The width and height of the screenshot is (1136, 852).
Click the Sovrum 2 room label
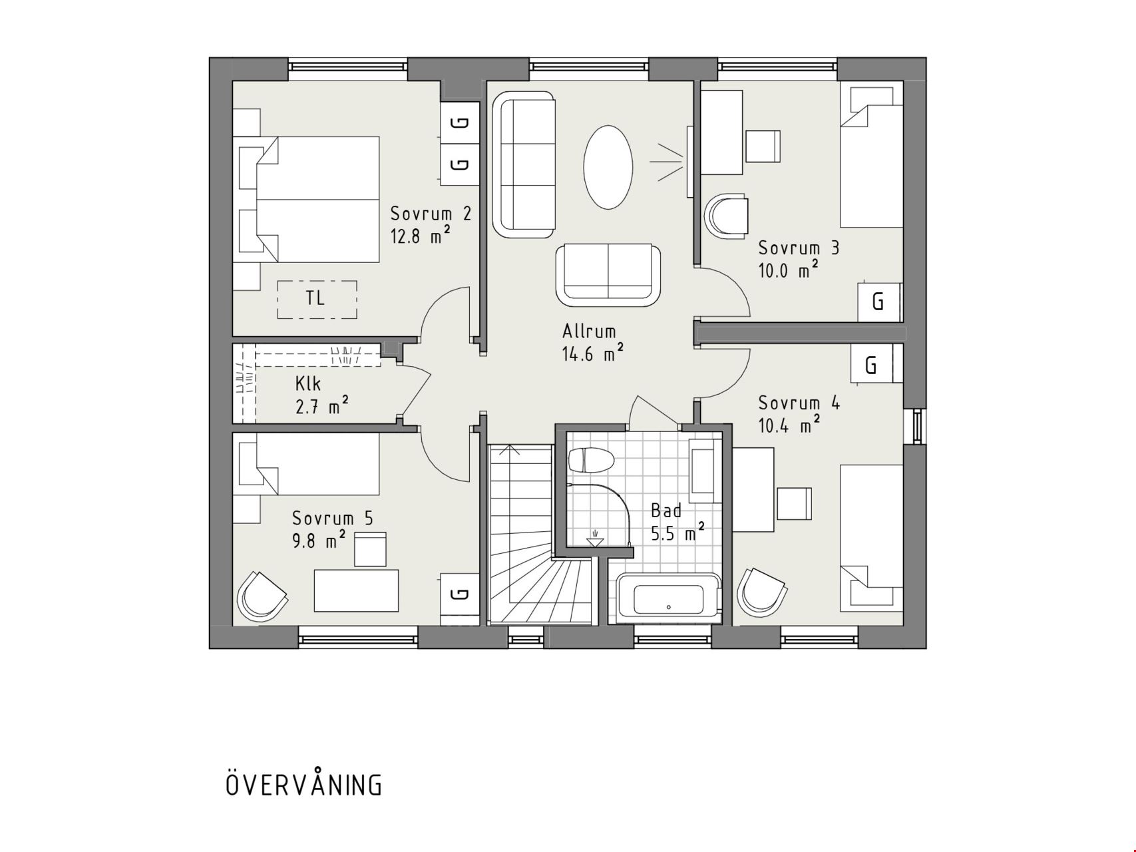[431, 214]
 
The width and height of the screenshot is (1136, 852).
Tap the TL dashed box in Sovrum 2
[317, 299]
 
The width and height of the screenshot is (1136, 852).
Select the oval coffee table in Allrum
[608, 167]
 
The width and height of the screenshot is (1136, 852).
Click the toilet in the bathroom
[590, 460]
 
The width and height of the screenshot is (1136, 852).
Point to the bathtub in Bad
[668, 598]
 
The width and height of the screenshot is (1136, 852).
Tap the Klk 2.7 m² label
[321, 395]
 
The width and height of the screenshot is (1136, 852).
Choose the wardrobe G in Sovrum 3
[878, 302]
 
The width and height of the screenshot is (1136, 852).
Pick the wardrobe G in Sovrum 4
[872, 363]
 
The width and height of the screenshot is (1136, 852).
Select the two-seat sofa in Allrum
[608, 274]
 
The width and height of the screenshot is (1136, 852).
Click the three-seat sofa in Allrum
[524, 164]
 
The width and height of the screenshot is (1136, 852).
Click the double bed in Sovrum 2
[306, 199]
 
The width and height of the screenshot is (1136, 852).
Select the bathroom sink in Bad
[702, 471]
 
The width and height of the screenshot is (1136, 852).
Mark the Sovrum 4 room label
[799, 403]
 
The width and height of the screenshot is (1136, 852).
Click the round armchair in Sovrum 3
[726, 216]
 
